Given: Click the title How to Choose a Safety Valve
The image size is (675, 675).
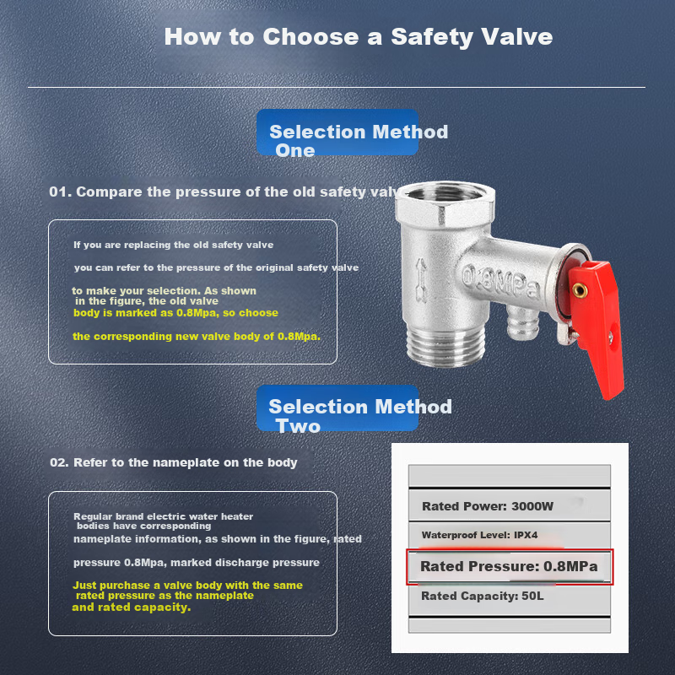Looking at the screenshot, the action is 358,36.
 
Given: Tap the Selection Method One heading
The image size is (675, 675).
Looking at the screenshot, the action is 358,141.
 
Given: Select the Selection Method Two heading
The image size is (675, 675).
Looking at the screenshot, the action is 360,416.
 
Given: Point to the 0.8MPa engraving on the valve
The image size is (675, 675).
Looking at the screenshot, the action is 501,283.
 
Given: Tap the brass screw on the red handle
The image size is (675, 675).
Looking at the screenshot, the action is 579,290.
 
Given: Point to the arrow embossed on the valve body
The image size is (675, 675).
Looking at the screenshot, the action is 420,280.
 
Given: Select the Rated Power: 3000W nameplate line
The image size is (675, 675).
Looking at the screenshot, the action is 488,506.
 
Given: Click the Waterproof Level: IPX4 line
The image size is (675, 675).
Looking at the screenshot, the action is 479,535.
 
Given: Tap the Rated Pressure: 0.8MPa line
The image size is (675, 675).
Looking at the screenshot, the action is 509,566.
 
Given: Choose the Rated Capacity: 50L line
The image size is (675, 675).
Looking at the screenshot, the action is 482,597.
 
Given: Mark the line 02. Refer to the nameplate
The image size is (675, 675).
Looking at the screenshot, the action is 174,462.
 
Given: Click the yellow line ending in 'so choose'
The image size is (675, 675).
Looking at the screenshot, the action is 175,313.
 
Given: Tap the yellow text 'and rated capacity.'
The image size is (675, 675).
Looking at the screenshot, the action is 132,607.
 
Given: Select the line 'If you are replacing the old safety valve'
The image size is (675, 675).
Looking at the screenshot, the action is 174,245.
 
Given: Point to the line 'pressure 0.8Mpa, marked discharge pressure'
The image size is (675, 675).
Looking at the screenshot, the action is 197,563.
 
